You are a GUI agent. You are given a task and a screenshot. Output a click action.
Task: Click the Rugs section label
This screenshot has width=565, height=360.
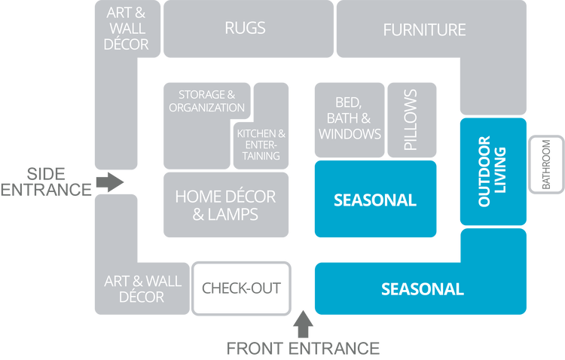click(x=245, y=29)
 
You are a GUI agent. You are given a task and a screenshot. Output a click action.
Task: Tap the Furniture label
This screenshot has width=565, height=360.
click(x=424, y=30)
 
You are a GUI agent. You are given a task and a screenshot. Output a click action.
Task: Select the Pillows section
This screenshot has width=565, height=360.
click(x=411, y=120)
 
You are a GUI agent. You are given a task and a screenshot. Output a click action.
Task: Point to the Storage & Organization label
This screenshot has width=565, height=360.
click(x=207, y=101)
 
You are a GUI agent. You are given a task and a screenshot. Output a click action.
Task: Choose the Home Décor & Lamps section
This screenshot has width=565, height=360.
click(x=225, y=205)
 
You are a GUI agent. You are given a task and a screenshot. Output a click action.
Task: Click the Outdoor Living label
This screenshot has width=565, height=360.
click(x=492, y=171)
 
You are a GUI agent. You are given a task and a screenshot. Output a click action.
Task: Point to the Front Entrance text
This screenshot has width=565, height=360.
click(x=303, y=348)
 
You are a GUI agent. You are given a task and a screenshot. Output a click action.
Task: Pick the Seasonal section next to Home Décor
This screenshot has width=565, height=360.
click(x=374, y=200)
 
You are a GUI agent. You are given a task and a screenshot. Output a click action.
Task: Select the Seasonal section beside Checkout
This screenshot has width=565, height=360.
click(x=422, y=288)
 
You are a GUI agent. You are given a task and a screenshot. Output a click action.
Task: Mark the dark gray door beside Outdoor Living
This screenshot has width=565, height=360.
click(x=545, y=164)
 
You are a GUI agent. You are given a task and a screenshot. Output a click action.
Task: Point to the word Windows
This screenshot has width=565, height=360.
click(x=350, y=134)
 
